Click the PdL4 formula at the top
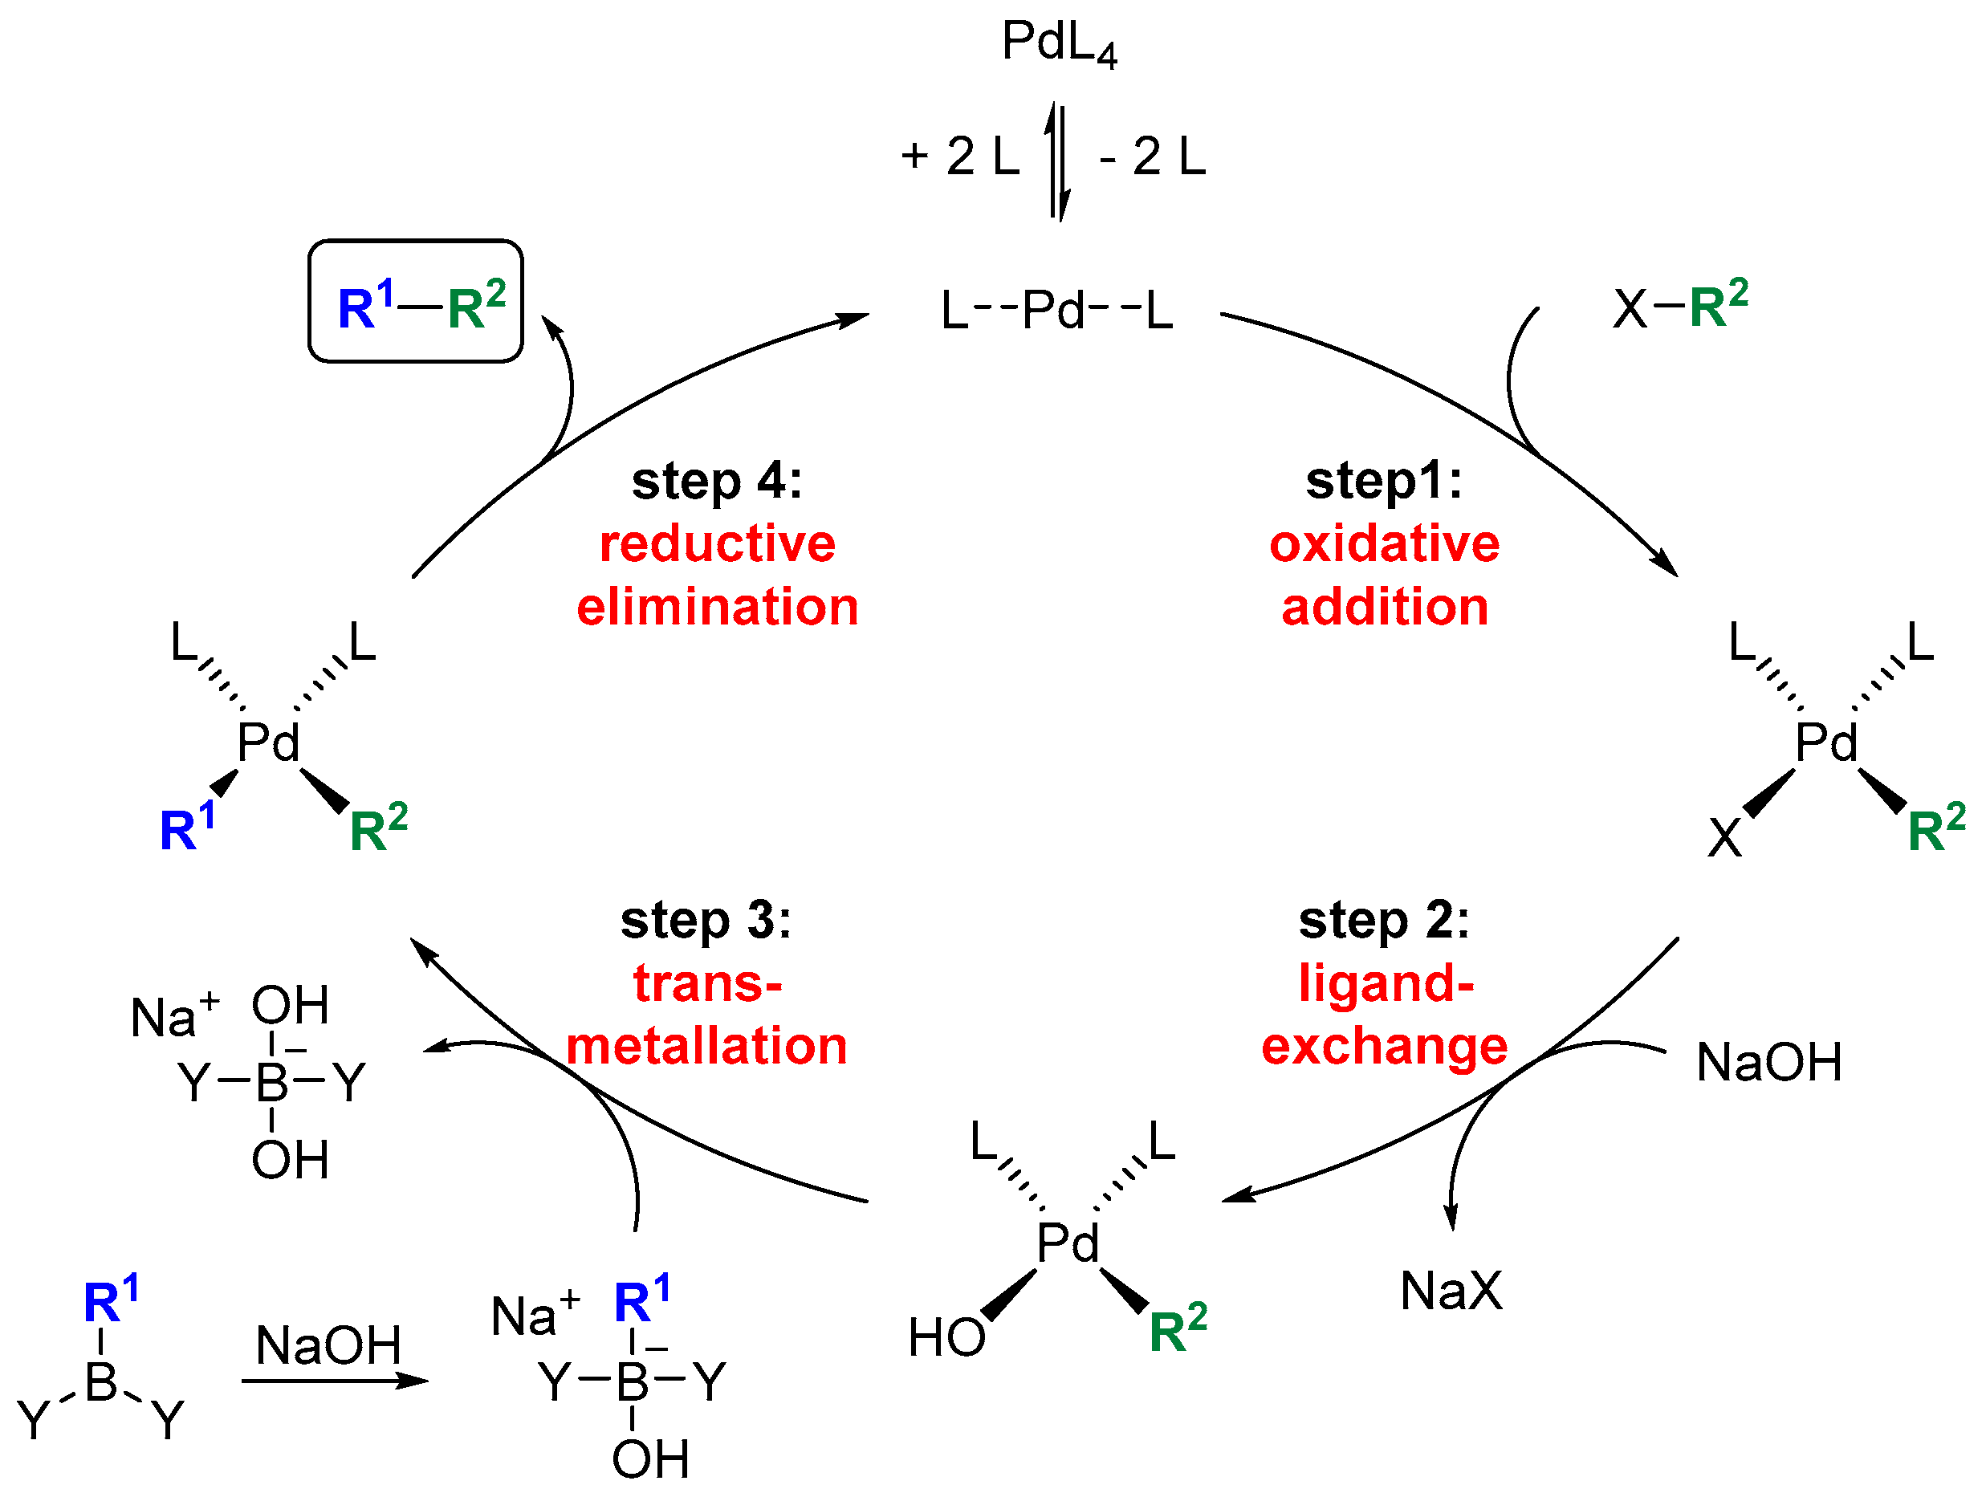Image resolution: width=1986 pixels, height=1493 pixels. click(1059, 43)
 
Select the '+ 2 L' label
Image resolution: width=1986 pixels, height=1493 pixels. click(961, 157)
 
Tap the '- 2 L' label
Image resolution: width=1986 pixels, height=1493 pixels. click(1153, 157)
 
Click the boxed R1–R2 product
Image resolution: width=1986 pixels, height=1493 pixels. click(416, 302)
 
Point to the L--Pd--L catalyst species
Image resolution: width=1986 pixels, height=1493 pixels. click(1056, 311)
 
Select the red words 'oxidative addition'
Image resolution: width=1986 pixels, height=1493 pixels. click(1384, 575)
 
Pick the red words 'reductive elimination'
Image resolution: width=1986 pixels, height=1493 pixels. click(718, 575)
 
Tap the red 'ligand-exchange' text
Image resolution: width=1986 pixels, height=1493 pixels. click(1384, 1015)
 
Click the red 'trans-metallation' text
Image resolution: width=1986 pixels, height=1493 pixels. click(707, 1015)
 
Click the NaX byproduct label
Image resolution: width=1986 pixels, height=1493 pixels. click(1451, 1291)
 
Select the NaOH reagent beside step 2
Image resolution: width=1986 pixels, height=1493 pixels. click(1768, 1062)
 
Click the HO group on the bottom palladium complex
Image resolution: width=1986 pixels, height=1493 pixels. click(946, 1336)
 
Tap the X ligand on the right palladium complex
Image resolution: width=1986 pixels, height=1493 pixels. click(1724, 839)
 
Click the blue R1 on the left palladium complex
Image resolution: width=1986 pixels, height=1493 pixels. click(187, 827)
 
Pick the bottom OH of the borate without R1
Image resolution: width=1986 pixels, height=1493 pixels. click(289, 1160)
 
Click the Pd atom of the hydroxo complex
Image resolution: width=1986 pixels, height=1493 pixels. click(1068, 1243)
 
